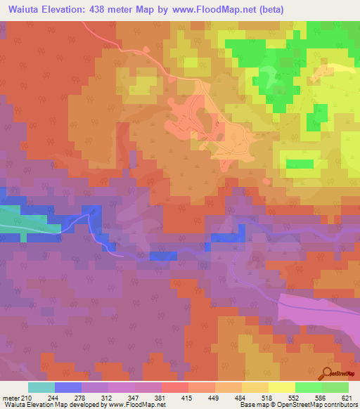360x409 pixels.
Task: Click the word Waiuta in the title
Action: click(22, 9)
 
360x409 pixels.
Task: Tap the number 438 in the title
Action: click(103, 9)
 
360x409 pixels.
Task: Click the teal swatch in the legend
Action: click(41, 387)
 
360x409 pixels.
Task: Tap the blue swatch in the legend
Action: click(68, 387)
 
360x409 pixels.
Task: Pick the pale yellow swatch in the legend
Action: click(282, 387)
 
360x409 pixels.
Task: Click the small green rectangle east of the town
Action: click(300, 164)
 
